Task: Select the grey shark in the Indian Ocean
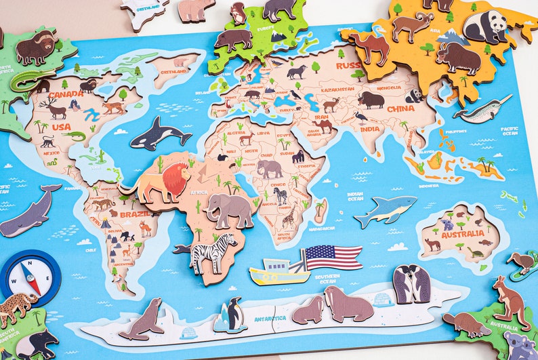click(385, 211)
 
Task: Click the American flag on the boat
click(333, 258)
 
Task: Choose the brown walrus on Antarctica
click(348, 304)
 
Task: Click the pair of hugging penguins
click(411, 284)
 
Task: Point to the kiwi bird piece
click(522, 263)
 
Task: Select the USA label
click(61, 127)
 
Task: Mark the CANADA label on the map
click(65, 94)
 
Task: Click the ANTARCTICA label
click(269, 318)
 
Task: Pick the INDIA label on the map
click(370, 129)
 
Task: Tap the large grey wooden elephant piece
click(230, 210)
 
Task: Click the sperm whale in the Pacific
click(29, 212)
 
